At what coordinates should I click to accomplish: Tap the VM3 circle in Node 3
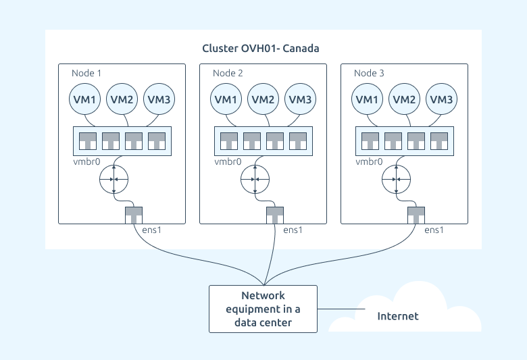coord(441,100)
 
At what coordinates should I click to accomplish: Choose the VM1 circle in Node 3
coord(367,100)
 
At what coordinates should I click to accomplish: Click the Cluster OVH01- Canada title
coord(261,49)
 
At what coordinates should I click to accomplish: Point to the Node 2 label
coord(228,73)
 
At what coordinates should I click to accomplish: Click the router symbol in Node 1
coord(114,179)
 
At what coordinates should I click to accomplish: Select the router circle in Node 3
coord(396,179)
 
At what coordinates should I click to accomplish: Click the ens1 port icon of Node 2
coord(274,215)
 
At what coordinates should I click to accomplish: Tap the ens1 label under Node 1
coord(151,230)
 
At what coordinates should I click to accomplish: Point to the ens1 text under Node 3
coord(434,230)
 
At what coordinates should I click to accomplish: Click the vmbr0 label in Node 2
coord(228,162)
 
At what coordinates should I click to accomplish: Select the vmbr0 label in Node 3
coord(369,162)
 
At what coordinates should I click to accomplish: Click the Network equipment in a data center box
coord(263,309)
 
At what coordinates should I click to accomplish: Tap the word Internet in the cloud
coord(398,316)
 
